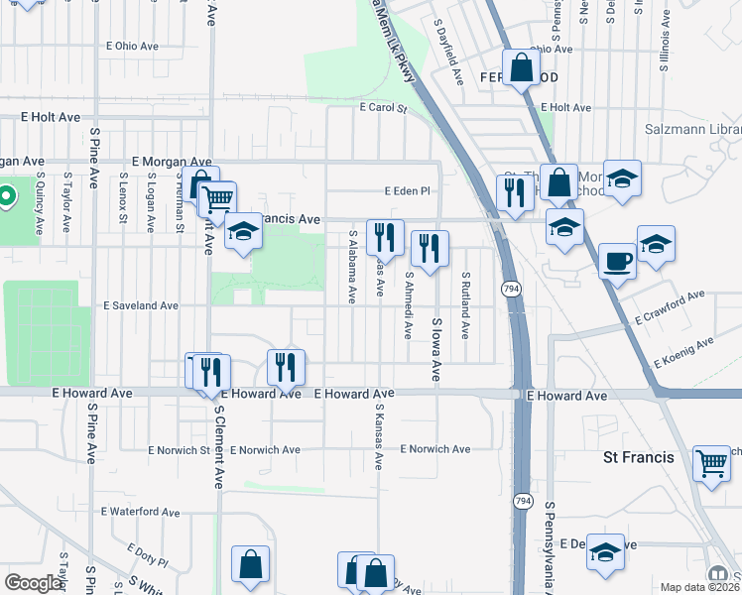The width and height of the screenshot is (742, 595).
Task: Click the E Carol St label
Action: tap(384, 107)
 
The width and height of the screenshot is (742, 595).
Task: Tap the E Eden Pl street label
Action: tap(410, 191)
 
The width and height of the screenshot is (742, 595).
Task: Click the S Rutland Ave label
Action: tap(464, 305)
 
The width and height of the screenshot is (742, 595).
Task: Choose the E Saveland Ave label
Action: tap(142, 306)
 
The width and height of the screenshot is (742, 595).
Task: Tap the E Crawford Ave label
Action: tap(670, 309)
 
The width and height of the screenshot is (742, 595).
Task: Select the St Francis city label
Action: tap(639, 457)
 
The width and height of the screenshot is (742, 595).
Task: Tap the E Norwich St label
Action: tap(179, 449)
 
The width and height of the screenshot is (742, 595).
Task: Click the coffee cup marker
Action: tap(618, 261)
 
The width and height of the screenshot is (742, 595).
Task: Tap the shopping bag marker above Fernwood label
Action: tap(522, 68)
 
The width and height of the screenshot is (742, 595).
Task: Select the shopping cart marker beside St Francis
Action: tap(711, 461)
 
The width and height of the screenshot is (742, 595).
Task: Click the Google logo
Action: tap(33, 583)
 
